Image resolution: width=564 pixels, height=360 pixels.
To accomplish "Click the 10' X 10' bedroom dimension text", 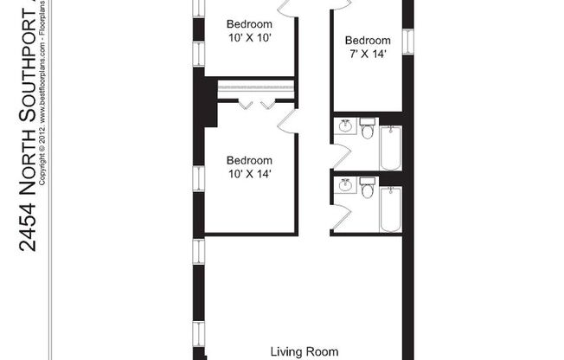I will tap(249, 38).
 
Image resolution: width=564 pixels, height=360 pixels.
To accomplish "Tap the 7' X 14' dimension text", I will tap(368, 55).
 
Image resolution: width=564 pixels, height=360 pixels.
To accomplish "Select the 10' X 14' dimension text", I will tap(249, 174).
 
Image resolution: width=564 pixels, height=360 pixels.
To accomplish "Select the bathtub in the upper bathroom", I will tap(391, 146).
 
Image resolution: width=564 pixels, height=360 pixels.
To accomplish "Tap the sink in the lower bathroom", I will tap(346, 185).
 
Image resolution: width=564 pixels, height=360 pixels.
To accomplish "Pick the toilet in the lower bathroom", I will tap(367, 187).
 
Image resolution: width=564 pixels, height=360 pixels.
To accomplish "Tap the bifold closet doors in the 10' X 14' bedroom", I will tap(257, 104).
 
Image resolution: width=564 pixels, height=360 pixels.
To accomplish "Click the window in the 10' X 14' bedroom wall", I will tap(199, 177).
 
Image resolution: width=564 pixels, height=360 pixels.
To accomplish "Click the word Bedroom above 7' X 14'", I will tap(368, 41).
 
